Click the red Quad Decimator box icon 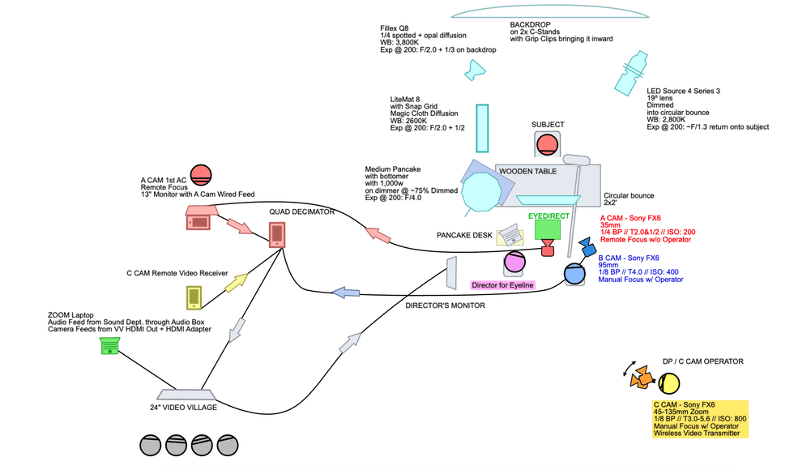coord(277,233)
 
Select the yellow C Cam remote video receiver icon coord(195,297)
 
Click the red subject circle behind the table coord(547,144)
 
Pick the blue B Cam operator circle coord(574,274)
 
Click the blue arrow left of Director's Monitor coord(346,292)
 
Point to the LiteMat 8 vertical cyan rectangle coord(482,128)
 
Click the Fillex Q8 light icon coord(472,73)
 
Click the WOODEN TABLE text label coord(527,172)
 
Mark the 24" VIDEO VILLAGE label coord(183,407)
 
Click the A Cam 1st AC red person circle coord(200,174)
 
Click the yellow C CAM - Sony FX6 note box coord(700,419)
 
